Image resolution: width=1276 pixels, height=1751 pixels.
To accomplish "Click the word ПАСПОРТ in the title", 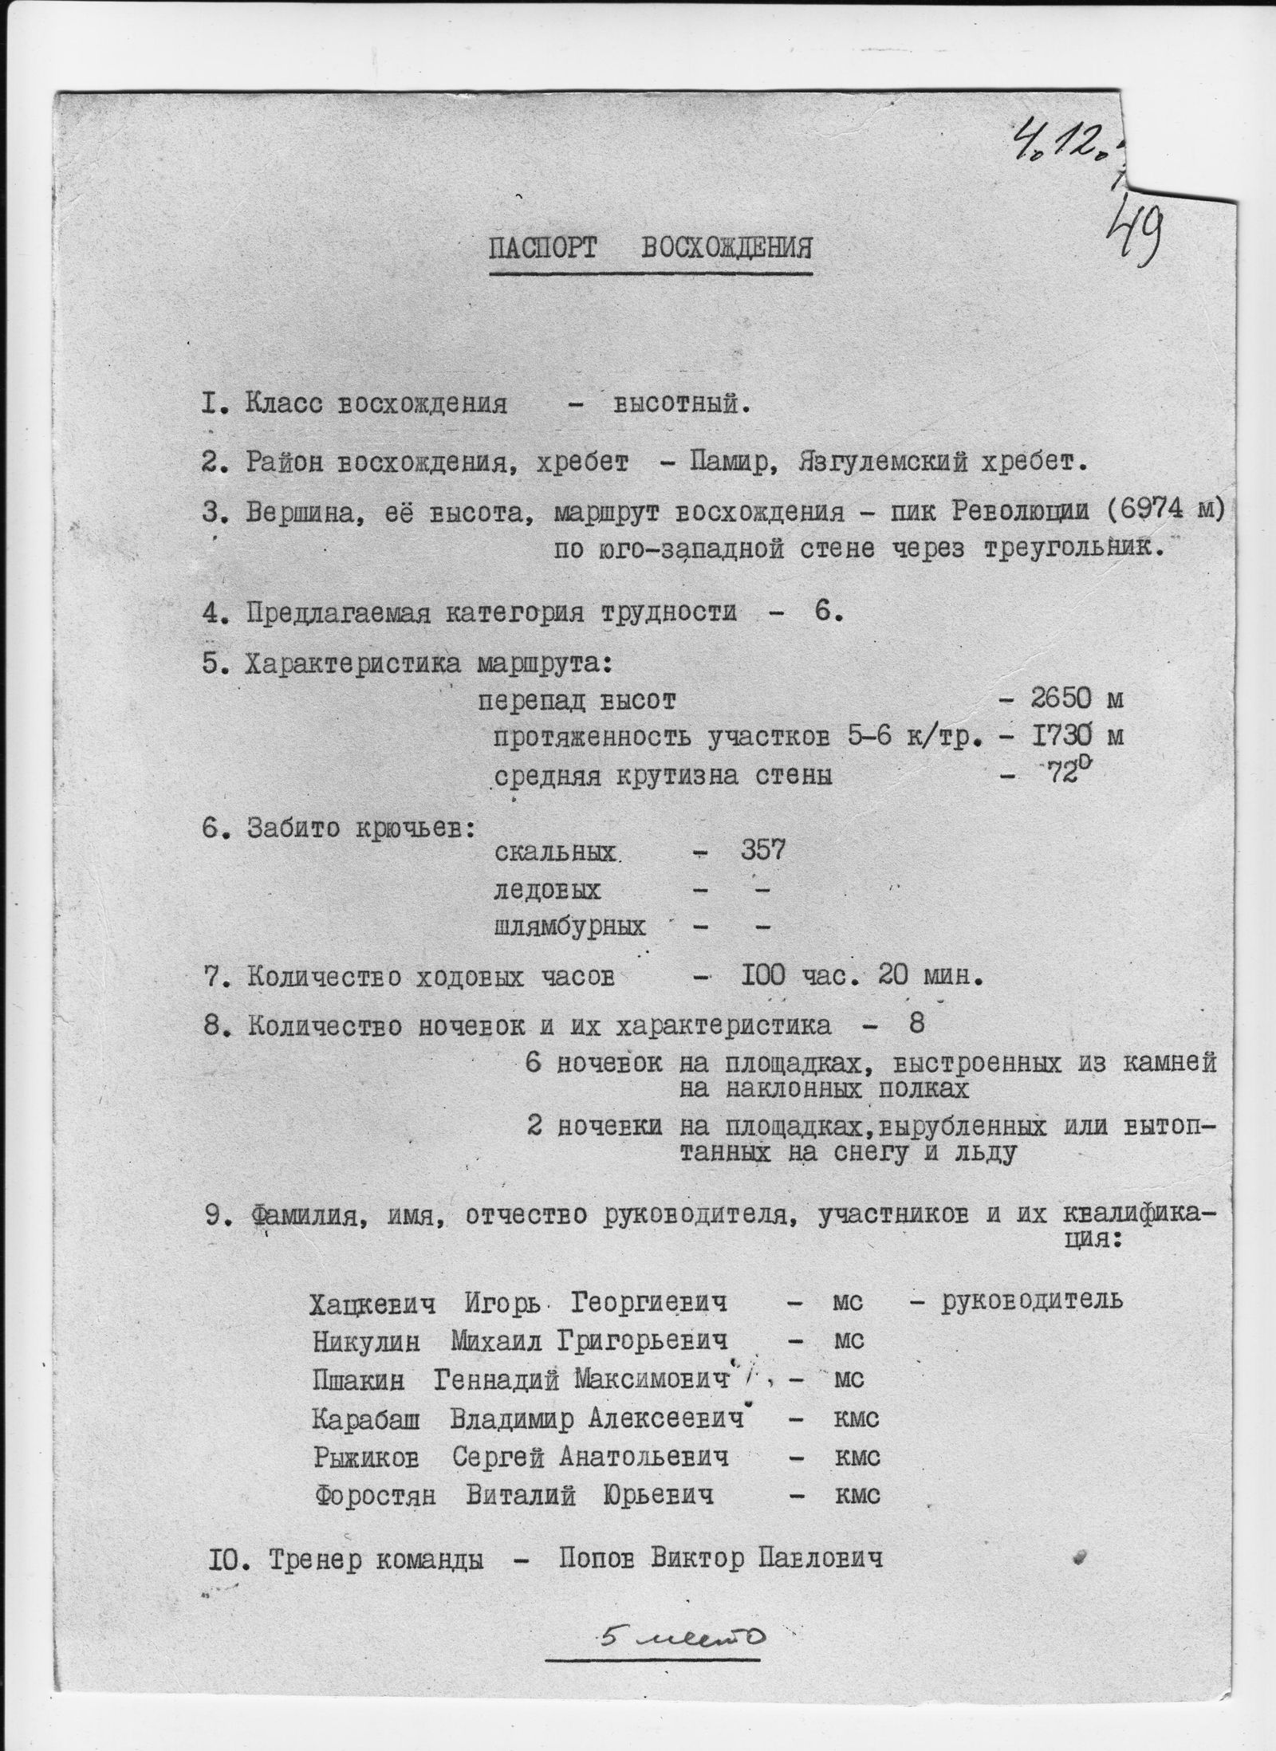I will click(542, 249).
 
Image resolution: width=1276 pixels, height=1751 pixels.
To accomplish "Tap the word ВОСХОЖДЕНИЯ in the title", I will click(727, 249).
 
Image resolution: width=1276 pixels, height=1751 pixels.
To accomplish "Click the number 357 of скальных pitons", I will click(762, 850).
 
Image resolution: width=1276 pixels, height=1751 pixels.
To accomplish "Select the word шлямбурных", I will click(569, 927).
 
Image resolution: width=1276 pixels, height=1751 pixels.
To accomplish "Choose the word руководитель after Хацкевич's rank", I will click(1032, 1300).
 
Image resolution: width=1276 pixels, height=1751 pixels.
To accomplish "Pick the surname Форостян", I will click(376, 1495).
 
